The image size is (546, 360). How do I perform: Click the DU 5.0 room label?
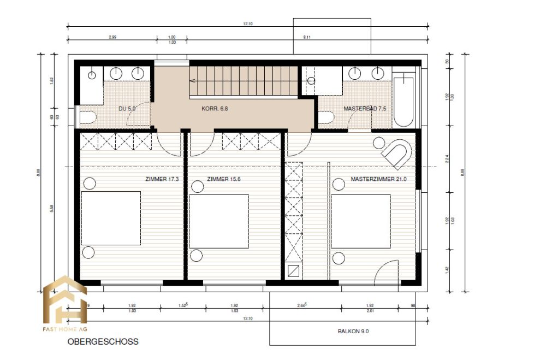(x=127, y=109)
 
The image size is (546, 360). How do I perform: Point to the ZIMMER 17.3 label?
(x=162, y=179)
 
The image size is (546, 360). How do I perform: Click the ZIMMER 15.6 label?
(x=224, y=179)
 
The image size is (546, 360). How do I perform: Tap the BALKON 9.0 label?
(x=353, y=331)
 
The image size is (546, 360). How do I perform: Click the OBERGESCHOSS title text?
(x=103, y=342)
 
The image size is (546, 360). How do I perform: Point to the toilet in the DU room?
(x=88, y=116)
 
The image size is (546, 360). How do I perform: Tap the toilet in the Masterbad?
(x=326, y=117)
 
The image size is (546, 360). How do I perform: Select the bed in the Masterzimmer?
(x=360, y=221)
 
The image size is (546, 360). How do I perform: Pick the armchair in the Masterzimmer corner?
(x=396, y=154)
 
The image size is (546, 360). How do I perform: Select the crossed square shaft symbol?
(x=293, y=271)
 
